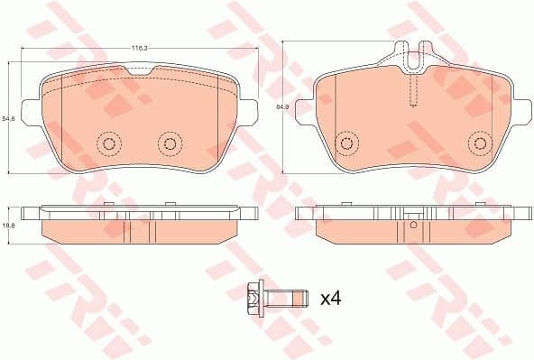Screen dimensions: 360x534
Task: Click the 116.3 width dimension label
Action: pyautogui.click(x=139, y=46)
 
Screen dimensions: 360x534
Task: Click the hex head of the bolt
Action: pyautogui.click(x=253, y=295)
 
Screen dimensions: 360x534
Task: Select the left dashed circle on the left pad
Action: pyautogui.click(x=109, y=143)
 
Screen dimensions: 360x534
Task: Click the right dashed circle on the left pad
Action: pyautogui.click(x=169, y=143)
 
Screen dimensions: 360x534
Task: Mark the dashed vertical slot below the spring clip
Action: pyautogui.click(x=413, y=90)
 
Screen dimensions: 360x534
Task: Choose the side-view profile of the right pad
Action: pyautogui.click(x=412, y=226)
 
